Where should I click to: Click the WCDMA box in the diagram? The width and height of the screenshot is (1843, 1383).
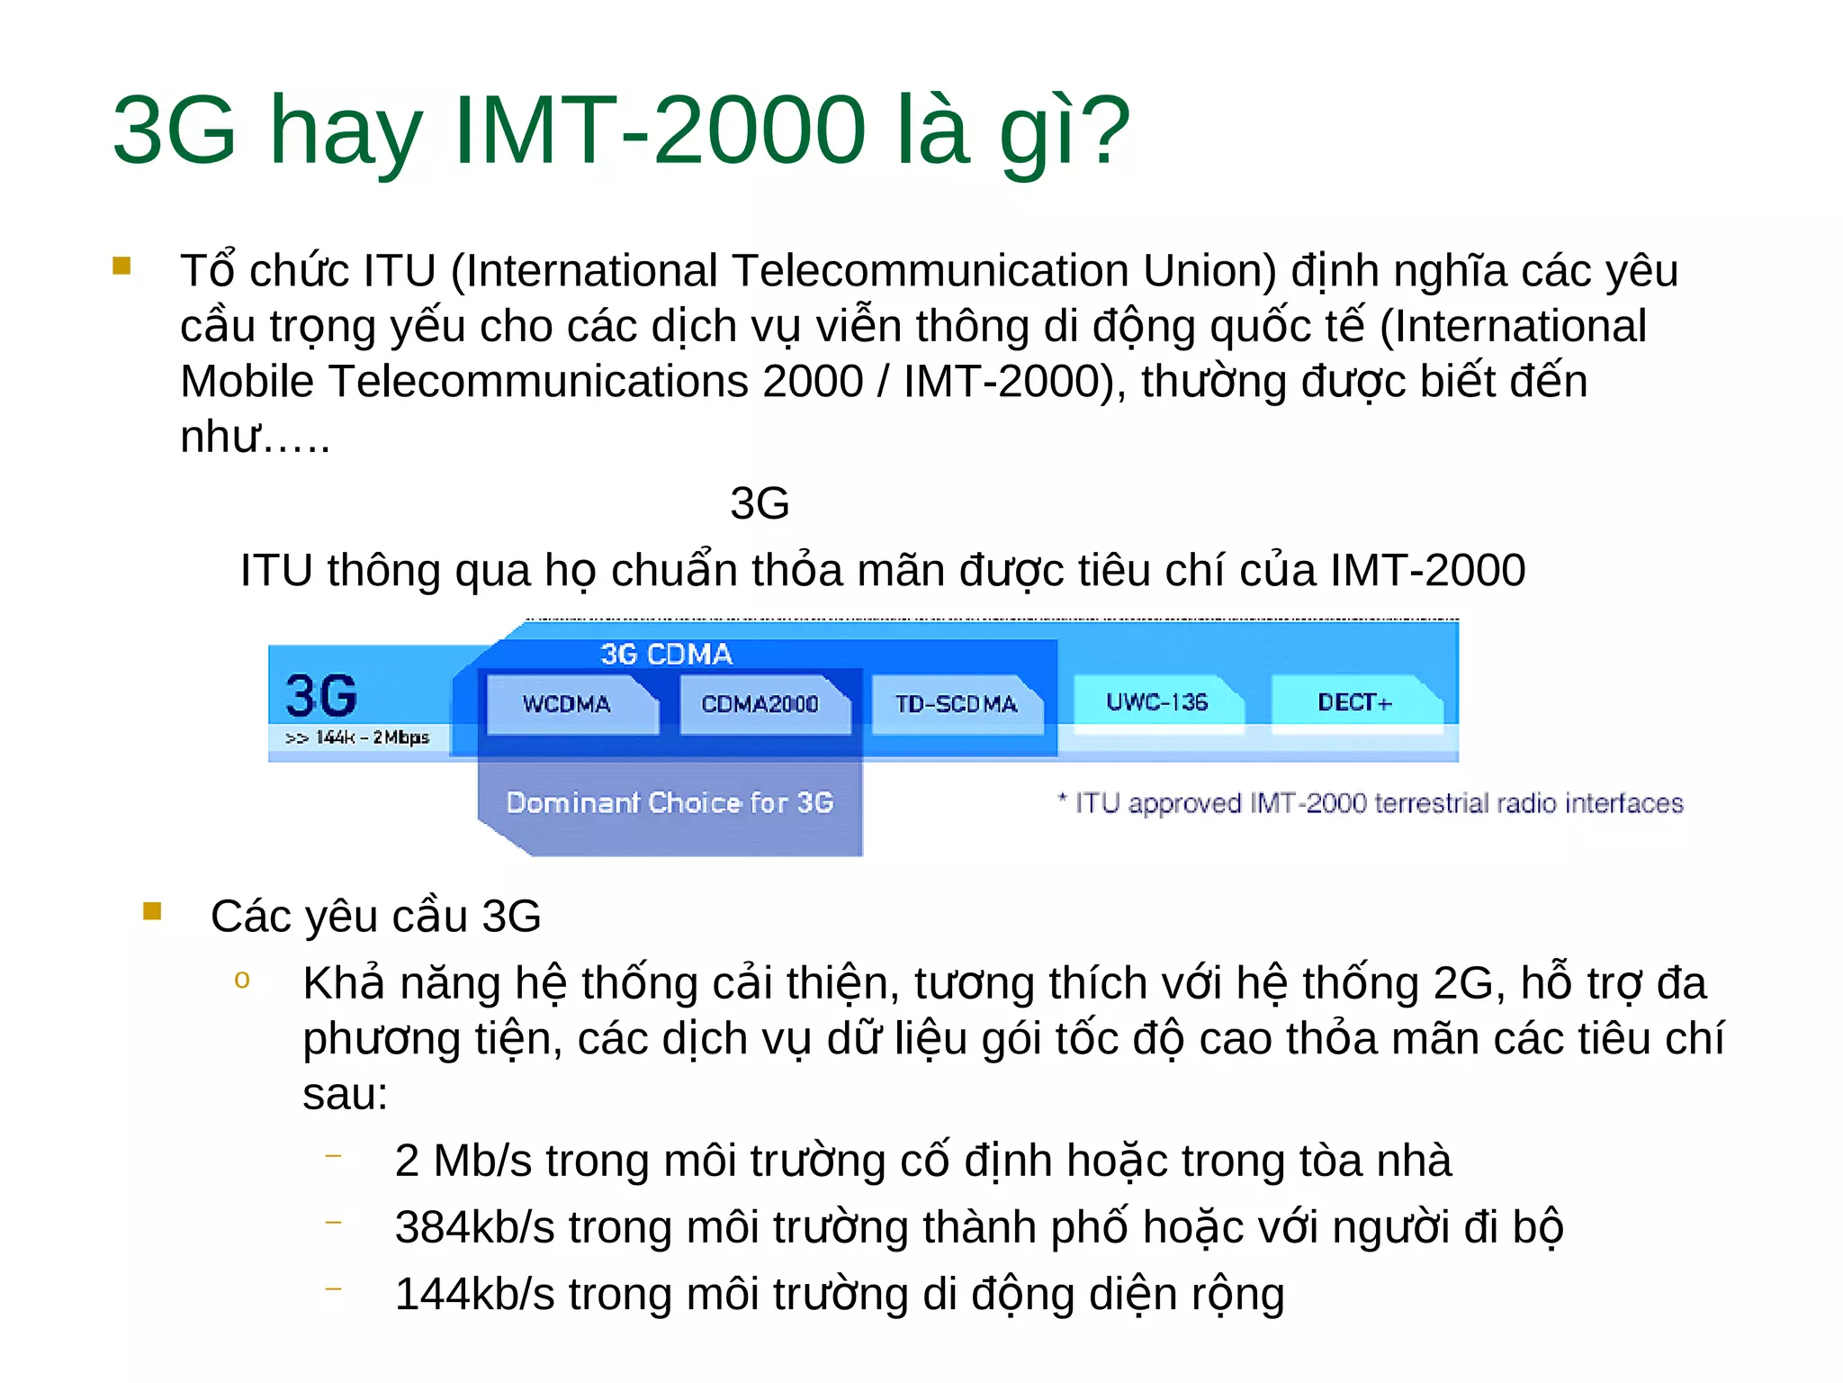pyautogui.click(x=567, y=703)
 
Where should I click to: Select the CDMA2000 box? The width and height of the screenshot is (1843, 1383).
pyautogui.click(x=760, y=703)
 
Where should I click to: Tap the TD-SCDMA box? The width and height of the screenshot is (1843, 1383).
pyautogui.click(x=956, y=703)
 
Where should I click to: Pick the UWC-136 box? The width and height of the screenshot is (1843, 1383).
pyautogui.click(x=1156, y=701)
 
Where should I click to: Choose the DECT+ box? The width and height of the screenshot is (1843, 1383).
pyautogui.click(x=1354, y=701)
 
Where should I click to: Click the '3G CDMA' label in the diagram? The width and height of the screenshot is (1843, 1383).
pyautogui.click(x=666, y=654)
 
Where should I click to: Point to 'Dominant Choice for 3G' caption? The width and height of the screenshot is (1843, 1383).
pyautogui.click(x=670, y=802)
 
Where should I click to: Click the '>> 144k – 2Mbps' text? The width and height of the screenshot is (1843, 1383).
pyautogui.click(x=357, y=737)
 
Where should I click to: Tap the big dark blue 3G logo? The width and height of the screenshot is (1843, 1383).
pyautogui.click(x=321, y=695)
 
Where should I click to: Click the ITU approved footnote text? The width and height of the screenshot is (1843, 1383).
pyautogui.click(x=1370, y=802)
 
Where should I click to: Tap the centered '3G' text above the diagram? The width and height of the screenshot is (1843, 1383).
pyautogui.click(x=760, y=502)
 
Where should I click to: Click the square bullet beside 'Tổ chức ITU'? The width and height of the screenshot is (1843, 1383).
pyautogui.click(x=121, y=266)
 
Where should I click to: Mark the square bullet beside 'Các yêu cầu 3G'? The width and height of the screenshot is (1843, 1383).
pyautogui.click(x=152, y=911)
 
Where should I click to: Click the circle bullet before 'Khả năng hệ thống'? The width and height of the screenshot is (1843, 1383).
pyautogui.click(x=241, y=980)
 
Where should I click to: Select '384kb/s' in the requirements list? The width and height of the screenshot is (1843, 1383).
pyautogui.click(x=474, y=1227)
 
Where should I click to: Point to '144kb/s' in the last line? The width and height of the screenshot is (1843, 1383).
pyautogui.click(x=474, y=1294)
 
